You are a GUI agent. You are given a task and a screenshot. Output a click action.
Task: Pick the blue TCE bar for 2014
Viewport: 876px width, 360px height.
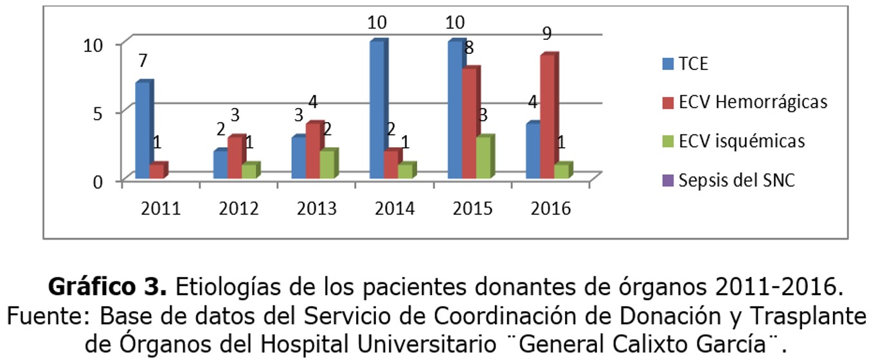(377, 109)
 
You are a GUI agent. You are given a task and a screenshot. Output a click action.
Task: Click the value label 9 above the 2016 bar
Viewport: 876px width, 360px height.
(547, 33)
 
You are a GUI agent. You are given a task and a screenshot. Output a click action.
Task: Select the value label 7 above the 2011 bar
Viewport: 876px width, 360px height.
(143, 61)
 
